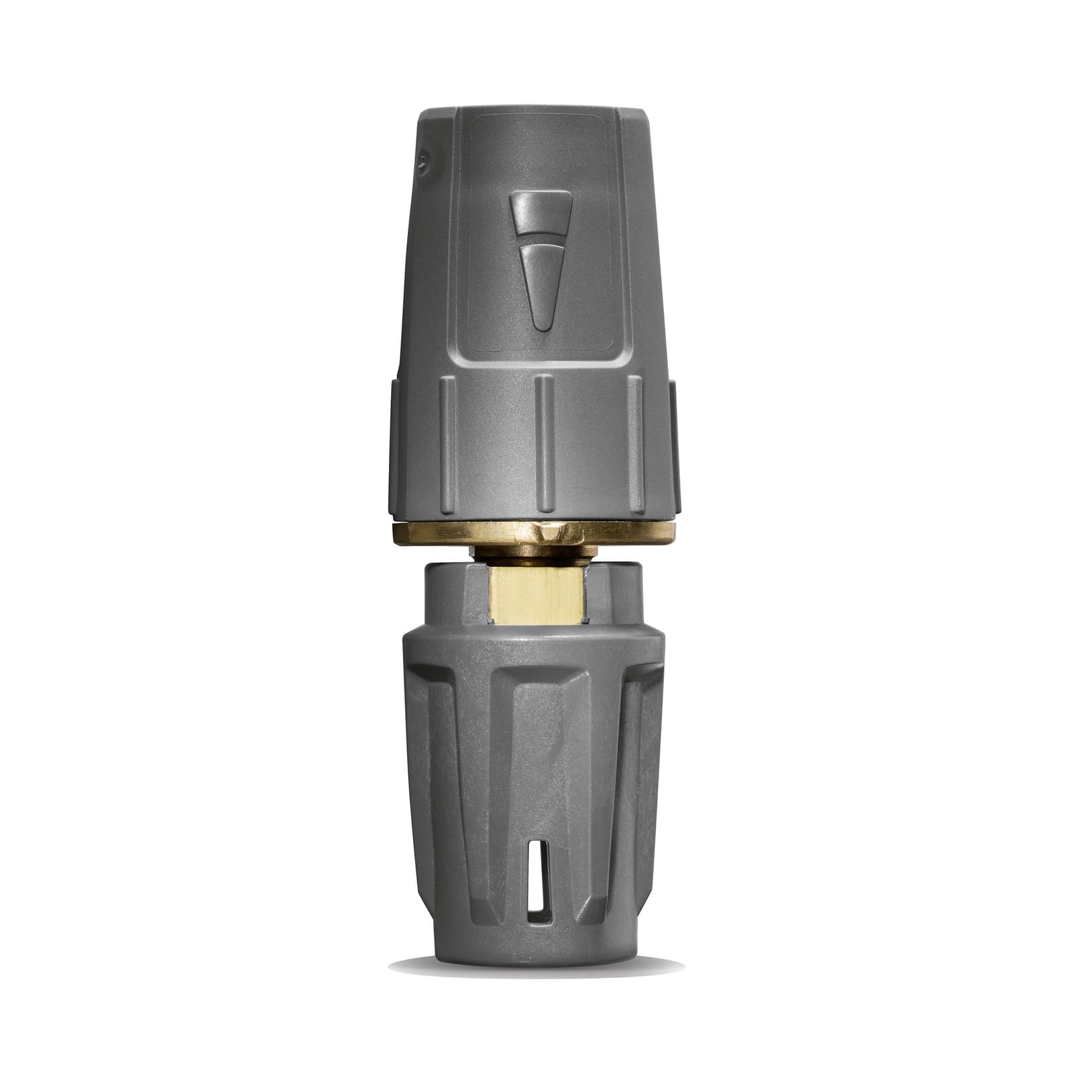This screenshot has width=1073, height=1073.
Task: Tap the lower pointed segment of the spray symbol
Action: pos(541,282)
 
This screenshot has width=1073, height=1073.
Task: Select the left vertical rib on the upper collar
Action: pos(449,443)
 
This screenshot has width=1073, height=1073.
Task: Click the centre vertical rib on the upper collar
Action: pos(545,443)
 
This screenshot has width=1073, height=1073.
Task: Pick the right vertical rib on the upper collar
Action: pos(635,443)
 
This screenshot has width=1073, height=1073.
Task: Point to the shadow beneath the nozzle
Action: pos(536,966)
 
